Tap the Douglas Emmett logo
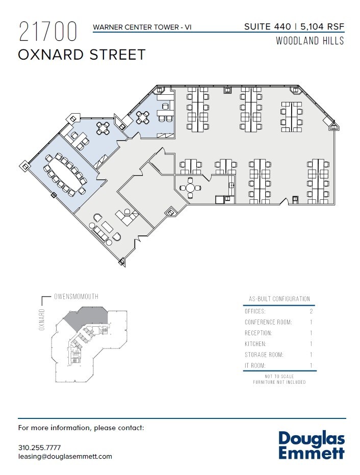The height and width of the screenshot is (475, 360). [x=312, y=445]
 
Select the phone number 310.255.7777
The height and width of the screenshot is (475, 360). [x=39, y=447]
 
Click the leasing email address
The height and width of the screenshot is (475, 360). [x=65, y=456]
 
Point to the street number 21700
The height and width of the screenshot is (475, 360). [x=48, y=32]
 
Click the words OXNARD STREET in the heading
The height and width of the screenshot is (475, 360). [x=82, y=55]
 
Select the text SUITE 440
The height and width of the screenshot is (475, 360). [x=268, y=27]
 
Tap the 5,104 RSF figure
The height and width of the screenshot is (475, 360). [x=322, y=27]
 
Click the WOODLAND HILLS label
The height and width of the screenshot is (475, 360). [x=310, y=41]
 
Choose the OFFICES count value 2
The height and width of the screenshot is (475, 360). [x=311, y=311]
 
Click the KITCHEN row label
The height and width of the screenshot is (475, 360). [x=255, y=344]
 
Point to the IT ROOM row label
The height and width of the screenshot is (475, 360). [x=255, y=365]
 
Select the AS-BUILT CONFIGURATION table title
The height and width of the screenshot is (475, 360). [x=279, y=299]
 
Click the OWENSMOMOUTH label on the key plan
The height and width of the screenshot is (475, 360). [x=76, y=296]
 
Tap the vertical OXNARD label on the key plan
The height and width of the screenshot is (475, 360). [x=42, y=320]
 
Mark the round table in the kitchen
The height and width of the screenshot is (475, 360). [x=190, y=188]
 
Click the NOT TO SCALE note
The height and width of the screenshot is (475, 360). [x=279, y=376]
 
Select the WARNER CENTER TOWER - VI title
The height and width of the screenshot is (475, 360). [x=142, y=27]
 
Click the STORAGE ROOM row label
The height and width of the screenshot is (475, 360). [x=264, y=355]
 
